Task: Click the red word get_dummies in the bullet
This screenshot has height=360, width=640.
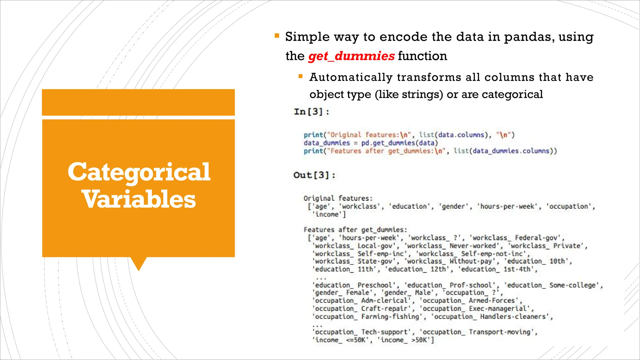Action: [351, 56]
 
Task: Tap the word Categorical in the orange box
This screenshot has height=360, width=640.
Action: [139, 172]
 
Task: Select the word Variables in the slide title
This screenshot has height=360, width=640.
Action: [139, 199]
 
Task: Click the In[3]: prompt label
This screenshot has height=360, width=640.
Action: [311, 112]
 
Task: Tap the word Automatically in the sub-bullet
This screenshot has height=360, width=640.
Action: [351, 77]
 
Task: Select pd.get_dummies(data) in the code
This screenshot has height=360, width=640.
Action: [400, 143]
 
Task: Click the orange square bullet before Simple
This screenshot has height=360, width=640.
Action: [277, 36]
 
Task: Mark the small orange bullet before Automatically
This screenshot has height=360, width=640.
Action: [301, 76]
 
